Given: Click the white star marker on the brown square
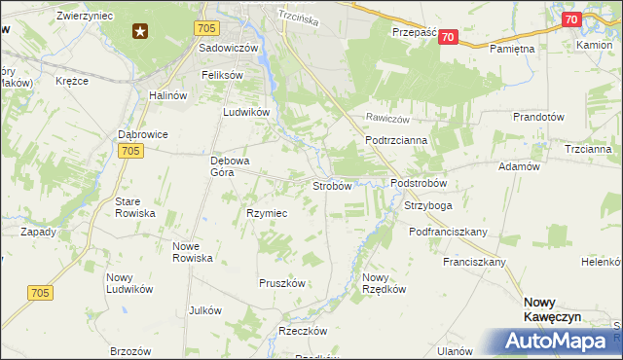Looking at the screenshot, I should [141, 31].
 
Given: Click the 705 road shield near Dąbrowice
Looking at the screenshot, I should [133, 150].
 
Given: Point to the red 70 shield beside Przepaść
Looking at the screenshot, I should [447, 37].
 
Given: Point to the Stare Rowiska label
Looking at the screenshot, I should [135, 207].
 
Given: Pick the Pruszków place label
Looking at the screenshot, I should [282, 283].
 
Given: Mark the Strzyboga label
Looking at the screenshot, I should [428, 206].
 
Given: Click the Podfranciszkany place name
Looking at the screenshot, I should [449, 233].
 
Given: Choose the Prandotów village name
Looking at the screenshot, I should [538, 117].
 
